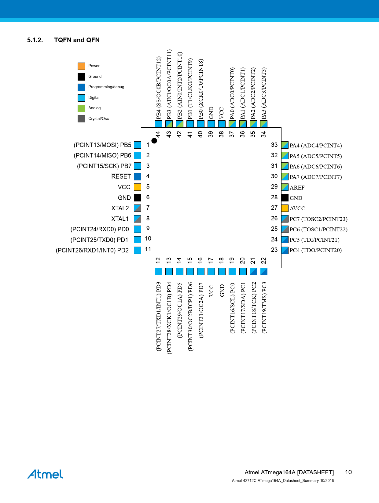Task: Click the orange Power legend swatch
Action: click(x=81, y=66)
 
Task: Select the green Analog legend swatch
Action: click(x=81, y=108)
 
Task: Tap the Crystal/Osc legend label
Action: click(x=98, y=118)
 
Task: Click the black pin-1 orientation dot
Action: click(x=154, y=141)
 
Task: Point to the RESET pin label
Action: click(x=121, y=176)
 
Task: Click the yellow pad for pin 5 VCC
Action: click(x=138, y=187)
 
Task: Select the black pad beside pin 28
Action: click(x=285, y=197)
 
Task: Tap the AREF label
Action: click(x=297, y=187)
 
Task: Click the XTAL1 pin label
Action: click(x=120, y=219)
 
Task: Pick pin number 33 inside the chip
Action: click(x=274, y=145)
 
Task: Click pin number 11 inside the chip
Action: click(x=148, y=249)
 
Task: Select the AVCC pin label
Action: click(x=297, y=208)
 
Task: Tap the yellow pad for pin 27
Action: click(x=285, y=208)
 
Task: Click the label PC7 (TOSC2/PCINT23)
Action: click(x=318, y=219)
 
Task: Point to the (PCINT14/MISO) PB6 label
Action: click(x=102, y=155)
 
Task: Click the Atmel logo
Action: click(x=45, y=474)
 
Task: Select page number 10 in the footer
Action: click(x=348, y=472)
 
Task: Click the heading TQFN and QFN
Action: click(x=77, y=40)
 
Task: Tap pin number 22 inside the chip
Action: click(x=263, y=261)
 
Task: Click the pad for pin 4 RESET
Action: click(x=138, y=176)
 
